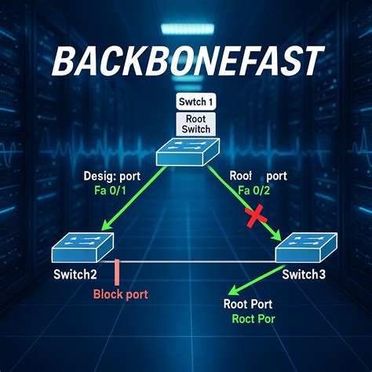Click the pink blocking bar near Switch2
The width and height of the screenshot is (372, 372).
click(x=116, y=272)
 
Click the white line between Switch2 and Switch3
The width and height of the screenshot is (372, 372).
click(x=196, y=262)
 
